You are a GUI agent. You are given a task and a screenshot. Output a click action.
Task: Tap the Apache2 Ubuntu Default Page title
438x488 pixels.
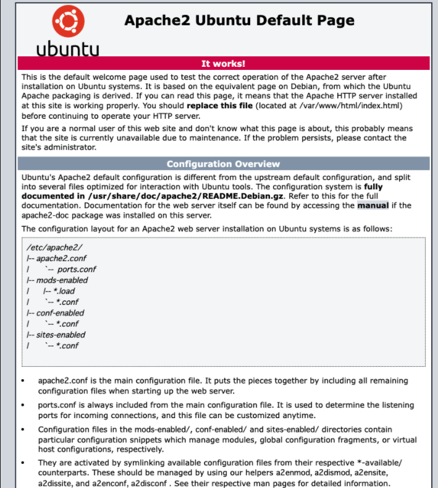coord(240,20)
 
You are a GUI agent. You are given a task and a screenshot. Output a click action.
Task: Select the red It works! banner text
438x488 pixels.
coord(223,63)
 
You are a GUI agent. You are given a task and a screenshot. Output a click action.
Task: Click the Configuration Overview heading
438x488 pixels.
coord(223,164)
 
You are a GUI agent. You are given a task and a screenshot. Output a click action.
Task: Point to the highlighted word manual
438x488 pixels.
coord(373,205)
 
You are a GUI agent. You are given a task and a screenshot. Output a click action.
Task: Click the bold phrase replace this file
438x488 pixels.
coord(219,105)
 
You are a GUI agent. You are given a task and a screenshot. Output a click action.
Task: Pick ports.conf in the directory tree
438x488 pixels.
coord(76,269)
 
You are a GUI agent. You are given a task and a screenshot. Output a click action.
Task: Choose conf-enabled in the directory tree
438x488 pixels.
coord(60,313)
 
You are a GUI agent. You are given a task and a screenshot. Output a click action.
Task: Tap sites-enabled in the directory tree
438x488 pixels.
coord(61,335)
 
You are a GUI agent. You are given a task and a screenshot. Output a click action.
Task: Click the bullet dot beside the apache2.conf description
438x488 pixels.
coord(23,382)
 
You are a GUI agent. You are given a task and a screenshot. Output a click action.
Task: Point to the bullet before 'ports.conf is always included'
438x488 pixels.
coord(23,406)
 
